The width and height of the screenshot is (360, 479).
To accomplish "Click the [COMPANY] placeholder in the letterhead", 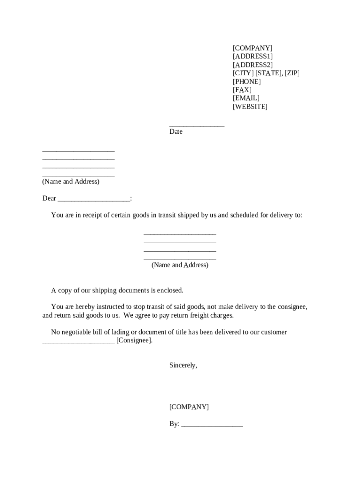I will point(252,48).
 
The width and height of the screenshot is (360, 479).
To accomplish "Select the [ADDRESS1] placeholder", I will point(252,57).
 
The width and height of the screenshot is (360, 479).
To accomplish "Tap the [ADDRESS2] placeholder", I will point(252,65).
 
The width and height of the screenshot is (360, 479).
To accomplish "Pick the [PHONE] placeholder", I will point(247,82).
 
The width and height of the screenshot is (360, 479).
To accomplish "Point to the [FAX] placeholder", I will point(242,90).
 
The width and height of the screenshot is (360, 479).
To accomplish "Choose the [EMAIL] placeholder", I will point(246,98).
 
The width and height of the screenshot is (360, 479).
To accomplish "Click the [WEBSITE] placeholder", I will point(250,107).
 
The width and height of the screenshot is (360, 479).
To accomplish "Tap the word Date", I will point(176,132).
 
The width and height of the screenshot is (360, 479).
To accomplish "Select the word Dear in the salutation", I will point(49,198).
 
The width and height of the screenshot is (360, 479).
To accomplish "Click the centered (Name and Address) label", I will point(180,265).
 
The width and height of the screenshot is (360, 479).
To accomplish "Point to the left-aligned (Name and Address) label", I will point(71,181).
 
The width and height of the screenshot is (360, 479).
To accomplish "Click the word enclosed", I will point(170,290).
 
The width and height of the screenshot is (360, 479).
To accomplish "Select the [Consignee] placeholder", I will point(134,341).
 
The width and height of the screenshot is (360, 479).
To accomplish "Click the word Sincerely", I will point(183,366).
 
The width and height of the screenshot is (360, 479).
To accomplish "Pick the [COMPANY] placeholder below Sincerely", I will point(189,407).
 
